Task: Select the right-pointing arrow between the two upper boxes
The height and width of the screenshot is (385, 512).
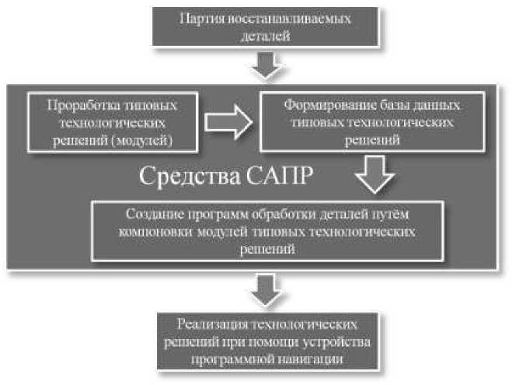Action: [227, 121]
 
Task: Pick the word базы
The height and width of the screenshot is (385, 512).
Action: [380, 105]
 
